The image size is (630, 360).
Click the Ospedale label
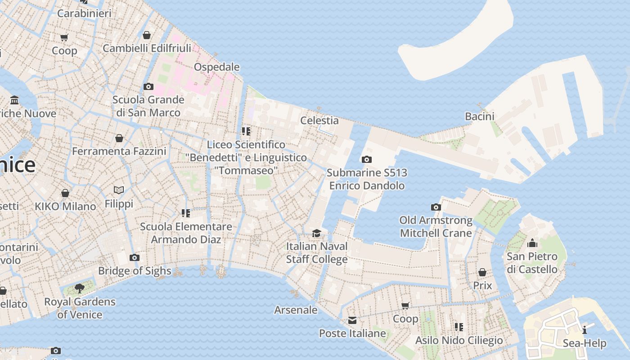point(216,67)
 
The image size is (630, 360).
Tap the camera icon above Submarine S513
point(367,159)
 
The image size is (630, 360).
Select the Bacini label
point(480,117)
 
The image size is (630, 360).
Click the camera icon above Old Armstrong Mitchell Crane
point(436,207)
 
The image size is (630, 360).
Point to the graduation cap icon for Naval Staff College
point(317,233)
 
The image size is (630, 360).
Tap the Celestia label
point(319,121)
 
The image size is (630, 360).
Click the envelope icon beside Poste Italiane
point(352,320)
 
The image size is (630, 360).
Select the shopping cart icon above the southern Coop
point(405,306)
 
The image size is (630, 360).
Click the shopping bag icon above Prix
point(482,272)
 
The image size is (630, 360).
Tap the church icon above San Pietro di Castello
point(532,243)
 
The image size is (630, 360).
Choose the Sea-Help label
point(585,344)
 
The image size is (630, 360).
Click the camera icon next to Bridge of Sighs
point(134,258)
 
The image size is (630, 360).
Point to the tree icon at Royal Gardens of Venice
point(80,288)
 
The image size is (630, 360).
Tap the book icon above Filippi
point(119,190)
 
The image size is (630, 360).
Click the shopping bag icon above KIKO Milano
point(65,193)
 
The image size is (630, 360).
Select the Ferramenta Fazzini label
point(119,151)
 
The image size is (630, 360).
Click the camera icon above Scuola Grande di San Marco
point(148,86)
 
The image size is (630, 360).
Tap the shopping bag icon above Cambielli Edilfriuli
point(147,35)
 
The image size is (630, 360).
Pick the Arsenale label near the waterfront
point(296,310)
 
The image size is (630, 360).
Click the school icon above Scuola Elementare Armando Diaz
point(185,213)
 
